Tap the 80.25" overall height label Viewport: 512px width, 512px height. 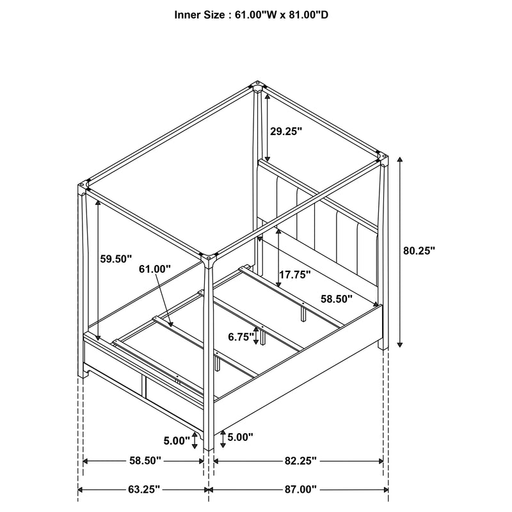(419, 252)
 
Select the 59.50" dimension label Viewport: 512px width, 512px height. (116, 259)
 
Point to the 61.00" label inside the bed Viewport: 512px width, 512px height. (155, 270)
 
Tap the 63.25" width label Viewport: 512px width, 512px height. (143, 490)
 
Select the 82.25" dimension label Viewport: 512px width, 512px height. (300, 461)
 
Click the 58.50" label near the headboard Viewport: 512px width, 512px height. (337, 298)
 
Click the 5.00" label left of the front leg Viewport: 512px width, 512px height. (177, 440)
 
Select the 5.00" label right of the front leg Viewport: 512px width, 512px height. (240, 437)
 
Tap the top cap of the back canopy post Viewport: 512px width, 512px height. (258, 84)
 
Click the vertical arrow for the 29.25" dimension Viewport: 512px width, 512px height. (267, 128)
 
